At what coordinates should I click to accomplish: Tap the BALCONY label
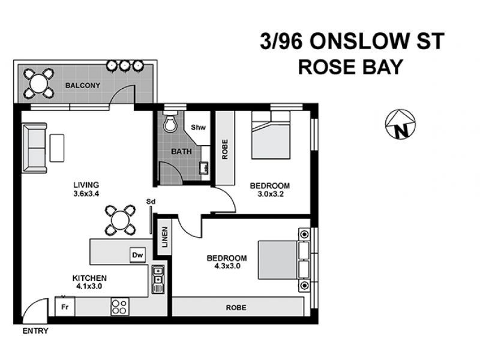pos(83,86)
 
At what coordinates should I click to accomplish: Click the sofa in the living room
pos(34,148)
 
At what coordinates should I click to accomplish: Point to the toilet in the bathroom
pos(170,122)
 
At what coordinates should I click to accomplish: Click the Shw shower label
pos(197,127)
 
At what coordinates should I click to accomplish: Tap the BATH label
pos(181,152)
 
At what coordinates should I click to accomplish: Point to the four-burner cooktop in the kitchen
pos(119,307)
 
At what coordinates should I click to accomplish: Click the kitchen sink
pos(158,279)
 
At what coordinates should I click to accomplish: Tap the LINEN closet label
pos(164,238)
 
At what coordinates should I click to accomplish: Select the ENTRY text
pos(35,331)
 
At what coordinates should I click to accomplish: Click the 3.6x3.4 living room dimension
pos(86,194)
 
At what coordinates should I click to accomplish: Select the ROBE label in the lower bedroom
pos(236,308)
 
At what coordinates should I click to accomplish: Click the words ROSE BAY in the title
pos(350,67)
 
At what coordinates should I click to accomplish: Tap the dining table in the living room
pos(120,220)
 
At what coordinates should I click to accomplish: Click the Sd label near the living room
pos(151,202)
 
